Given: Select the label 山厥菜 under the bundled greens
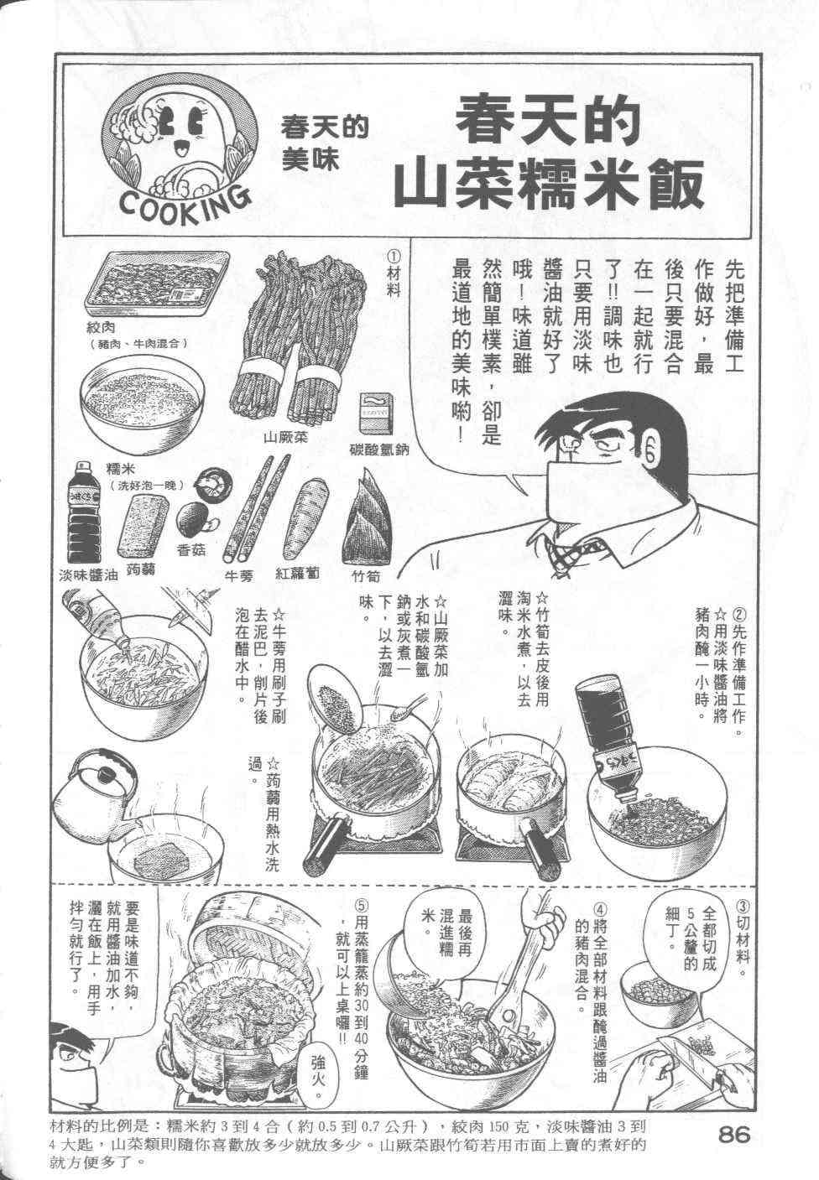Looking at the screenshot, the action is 285,437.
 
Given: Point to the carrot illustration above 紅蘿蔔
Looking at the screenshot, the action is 305,519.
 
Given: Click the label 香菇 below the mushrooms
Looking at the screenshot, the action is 191,550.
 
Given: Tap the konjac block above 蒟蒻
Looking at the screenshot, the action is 143,527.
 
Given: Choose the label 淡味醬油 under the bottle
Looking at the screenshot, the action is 88,576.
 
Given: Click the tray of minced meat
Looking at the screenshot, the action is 157,283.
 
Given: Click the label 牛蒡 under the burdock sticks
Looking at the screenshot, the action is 239,576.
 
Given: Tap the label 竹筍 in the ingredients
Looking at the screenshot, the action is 366,576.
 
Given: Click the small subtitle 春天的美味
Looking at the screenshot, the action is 324,144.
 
